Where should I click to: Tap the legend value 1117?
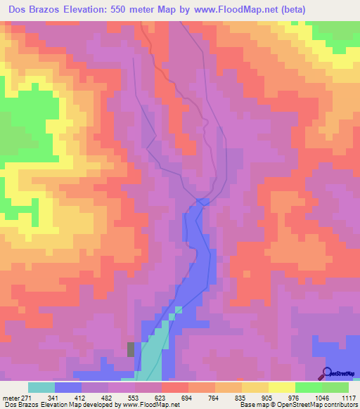pyautogui.click(x=348, y=398)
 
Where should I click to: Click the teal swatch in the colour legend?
pyautogui.click(x=41, y=387)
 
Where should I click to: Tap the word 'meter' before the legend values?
pyautogui.click(x=11, y=398)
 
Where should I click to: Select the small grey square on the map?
pyautogui.click(x=131, y=349)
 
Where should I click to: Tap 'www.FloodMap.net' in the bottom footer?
pyautogui.click(x=150, y=405)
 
